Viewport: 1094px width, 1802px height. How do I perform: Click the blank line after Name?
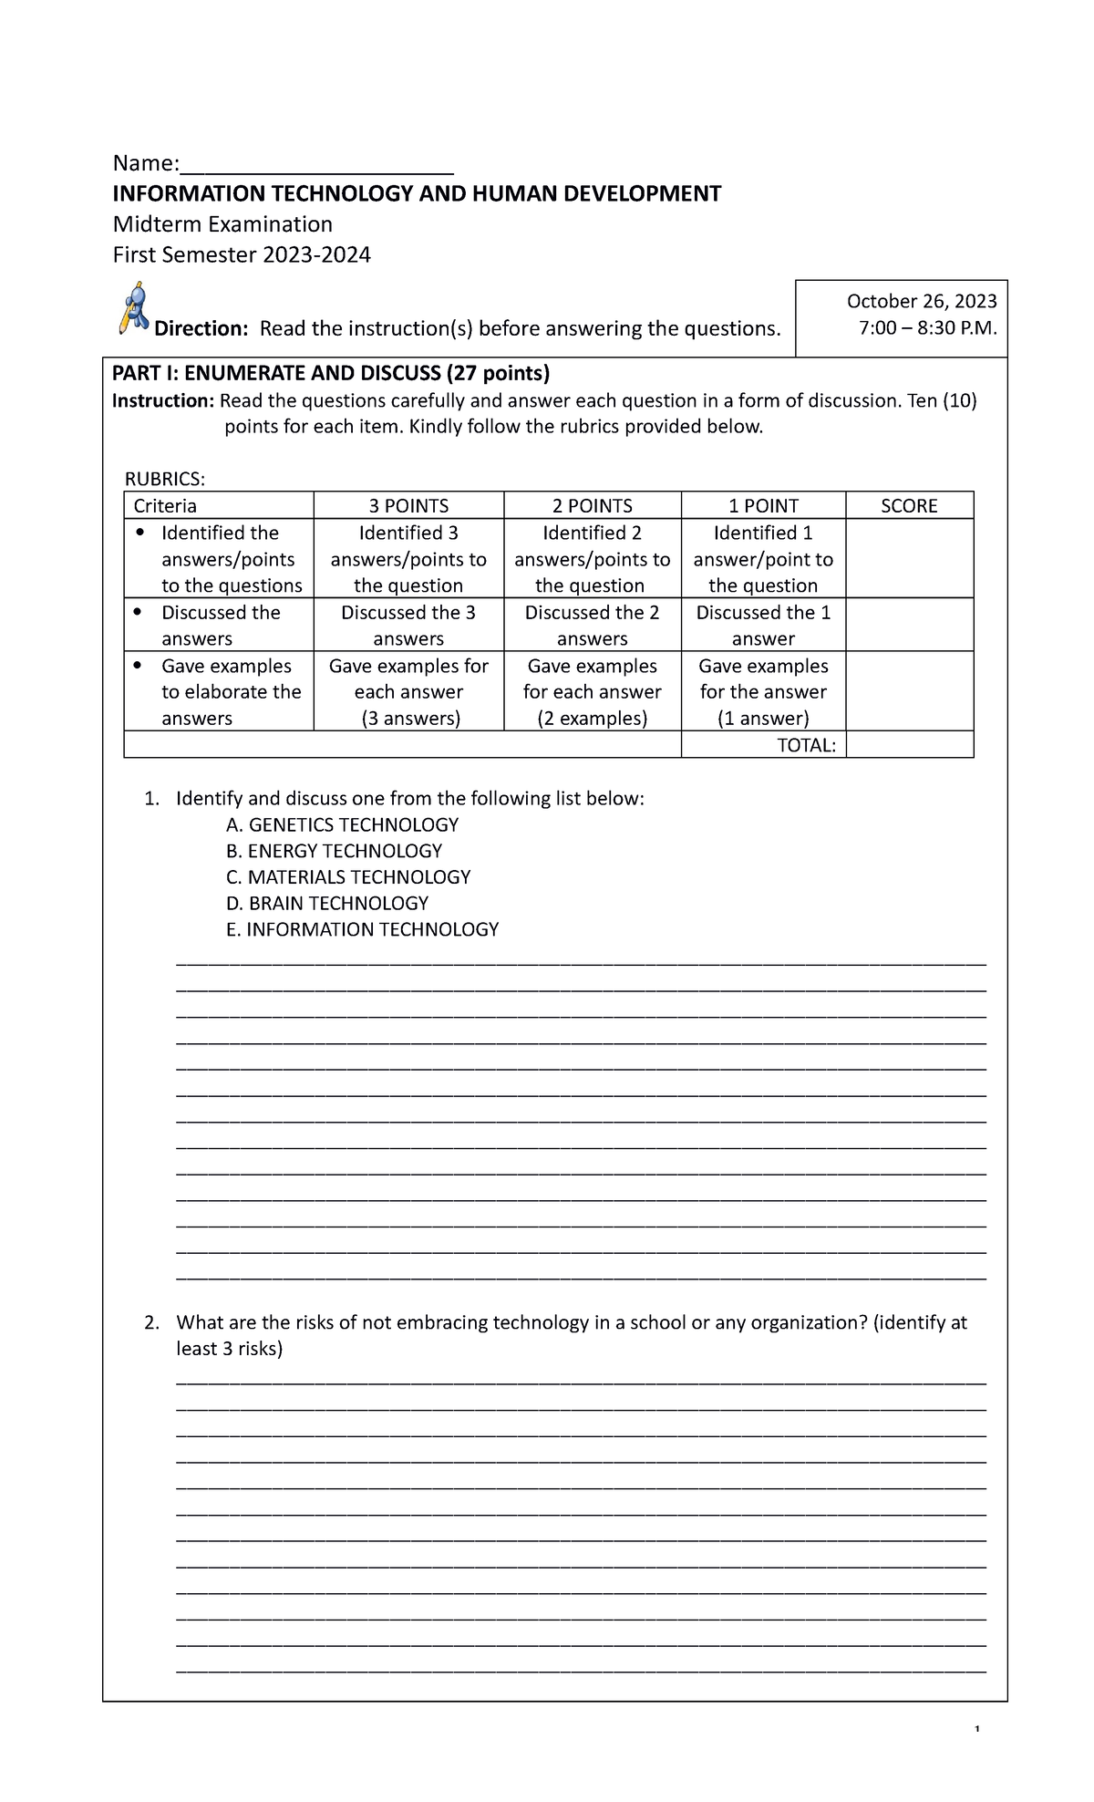click(316, 166)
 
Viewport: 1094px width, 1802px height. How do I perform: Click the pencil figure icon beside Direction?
click(134, 308)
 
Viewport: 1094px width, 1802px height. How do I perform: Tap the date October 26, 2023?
click(922, 302)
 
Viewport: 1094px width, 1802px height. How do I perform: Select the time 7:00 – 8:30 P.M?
click(927, 328)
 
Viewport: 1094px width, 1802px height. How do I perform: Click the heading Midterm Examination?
click(222, 224)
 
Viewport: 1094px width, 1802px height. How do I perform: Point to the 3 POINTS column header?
click(408, 506)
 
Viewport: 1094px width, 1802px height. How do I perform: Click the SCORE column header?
click(909, 506)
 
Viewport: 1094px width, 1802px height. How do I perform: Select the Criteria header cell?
click(165, 506)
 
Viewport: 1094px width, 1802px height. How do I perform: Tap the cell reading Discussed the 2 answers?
click(592, 626)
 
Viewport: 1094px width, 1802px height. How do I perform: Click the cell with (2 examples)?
click(592, 719)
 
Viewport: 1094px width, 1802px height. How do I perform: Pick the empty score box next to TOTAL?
click(909, 746)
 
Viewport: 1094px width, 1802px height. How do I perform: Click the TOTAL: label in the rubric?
click(806, 746)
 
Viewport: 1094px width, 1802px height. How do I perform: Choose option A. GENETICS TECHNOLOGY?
click(342, 825)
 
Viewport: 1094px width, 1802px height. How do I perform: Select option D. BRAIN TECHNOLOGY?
click(326, 904)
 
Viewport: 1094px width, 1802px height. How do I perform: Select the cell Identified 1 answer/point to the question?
click(763, 559)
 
